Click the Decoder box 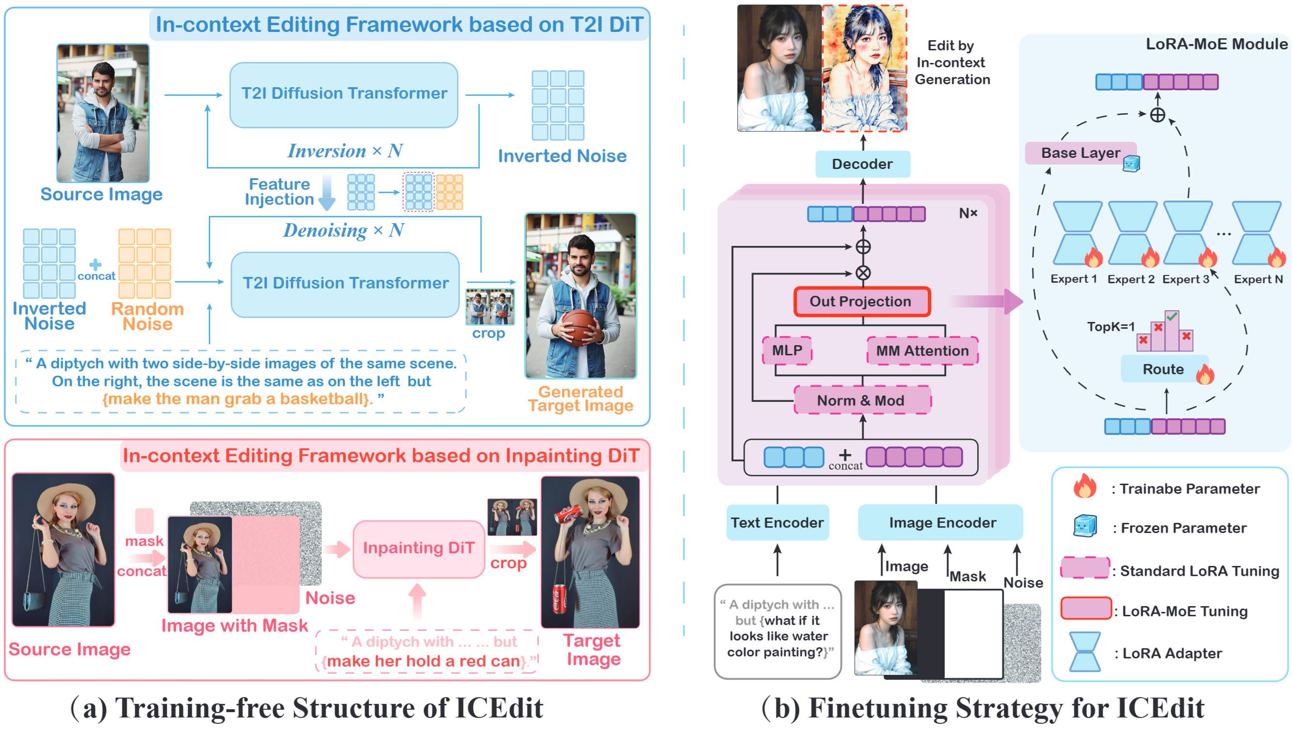[x=862, y=164]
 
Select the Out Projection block [x=861, y=302]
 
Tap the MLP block [x=787, y=350]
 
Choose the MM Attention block [x=922, y=350]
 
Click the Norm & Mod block [x=862, y=400]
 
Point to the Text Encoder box [x=777, y=523]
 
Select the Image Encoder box [x=942, y=523]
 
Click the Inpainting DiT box [x=418, y=548]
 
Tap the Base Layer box [x=1080, y=153]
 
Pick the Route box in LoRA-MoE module [x=1163, y=369]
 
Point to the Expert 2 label [x=1131, y=279]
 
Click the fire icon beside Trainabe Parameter [x=1084, y=486]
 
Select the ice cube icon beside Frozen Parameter [x=1084, y=526]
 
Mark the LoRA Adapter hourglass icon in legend [x=1084, y=652]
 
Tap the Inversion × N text [x=345, y=151]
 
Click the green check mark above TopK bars [x=1172, y=317]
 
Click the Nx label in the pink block [x=968, y=213]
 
